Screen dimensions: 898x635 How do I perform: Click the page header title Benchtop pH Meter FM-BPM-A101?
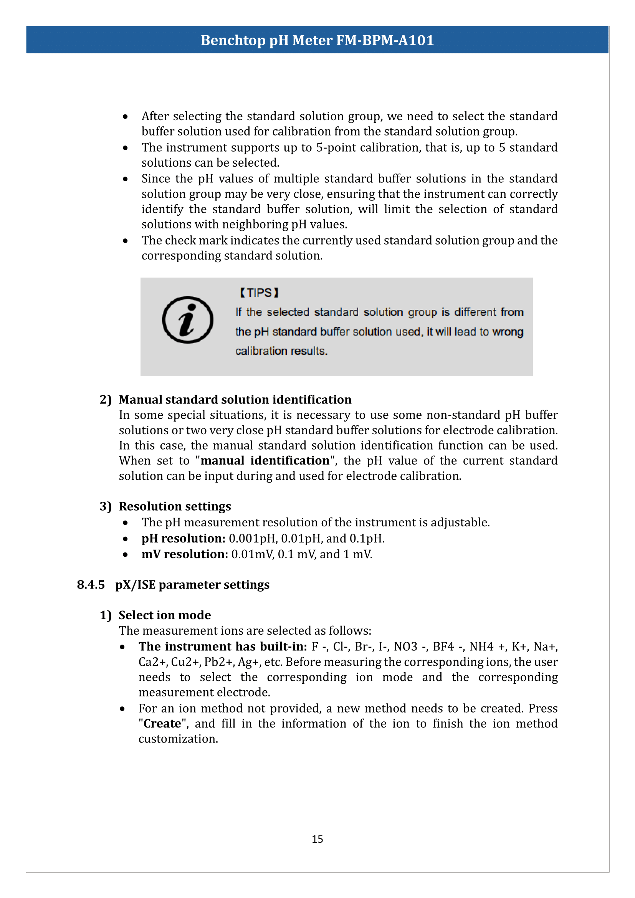[317, 40]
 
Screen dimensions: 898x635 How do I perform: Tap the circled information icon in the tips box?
[187, 319]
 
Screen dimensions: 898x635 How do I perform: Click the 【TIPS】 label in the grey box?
[259, 293]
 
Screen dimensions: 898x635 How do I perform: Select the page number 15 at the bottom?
[317, 839]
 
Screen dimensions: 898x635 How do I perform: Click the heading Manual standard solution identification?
[235, 399]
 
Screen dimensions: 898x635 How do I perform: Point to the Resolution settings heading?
[175, 506]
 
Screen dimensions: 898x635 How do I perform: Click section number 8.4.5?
[91, 584]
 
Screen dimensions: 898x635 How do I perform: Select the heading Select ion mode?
[165, 615]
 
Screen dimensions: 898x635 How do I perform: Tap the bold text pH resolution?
[184, 538]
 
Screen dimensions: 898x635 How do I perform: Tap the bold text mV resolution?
[185, 554]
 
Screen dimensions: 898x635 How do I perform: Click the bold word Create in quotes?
[162, 723]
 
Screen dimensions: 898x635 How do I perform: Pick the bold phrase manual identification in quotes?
[265, 460]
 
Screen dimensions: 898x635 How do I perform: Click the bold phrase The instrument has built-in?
[223, 646]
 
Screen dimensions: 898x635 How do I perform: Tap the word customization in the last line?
[178, 738]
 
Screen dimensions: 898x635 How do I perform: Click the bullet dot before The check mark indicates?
[125, 241]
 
